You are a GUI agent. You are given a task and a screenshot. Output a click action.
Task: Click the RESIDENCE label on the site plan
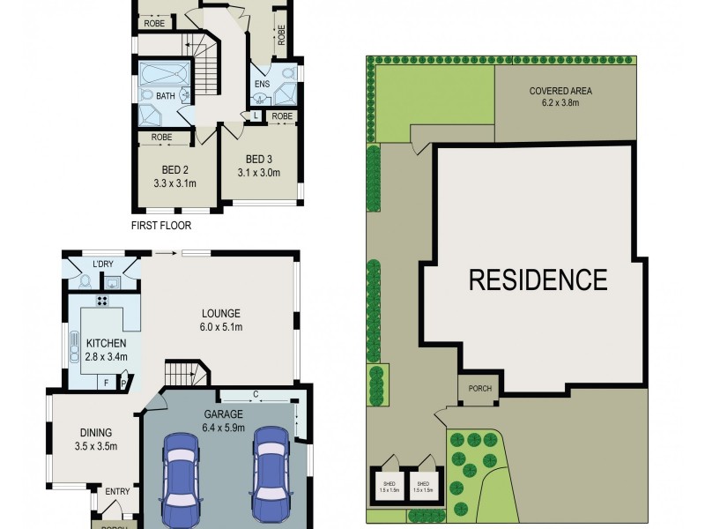coord(538,280)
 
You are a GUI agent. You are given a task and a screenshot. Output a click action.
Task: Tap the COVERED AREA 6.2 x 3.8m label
coord(560,96)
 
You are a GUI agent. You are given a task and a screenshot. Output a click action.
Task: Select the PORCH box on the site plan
coord(480,389)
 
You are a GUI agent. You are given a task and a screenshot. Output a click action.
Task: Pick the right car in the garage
coord(271,473)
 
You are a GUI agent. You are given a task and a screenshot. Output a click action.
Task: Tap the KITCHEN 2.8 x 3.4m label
coord(106,349)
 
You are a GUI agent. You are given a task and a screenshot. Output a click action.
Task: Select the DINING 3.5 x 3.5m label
coord(96,439)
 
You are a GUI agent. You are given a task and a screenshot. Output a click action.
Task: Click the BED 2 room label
coord(174,176)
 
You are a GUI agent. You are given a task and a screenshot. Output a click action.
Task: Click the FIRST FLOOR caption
coord(161,226)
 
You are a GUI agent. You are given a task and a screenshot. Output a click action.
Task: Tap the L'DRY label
coord(104,264)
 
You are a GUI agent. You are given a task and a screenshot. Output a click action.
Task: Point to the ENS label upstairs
coord(262,85)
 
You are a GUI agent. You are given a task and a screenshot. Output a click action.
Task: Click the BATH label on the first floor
coord(165,95)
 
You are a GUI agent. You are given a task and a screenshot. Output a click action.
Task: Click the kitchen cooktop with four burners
coord(102,301)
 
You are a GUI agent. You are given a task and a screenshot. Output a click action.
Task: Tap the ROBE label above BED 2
coord(161,138)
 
